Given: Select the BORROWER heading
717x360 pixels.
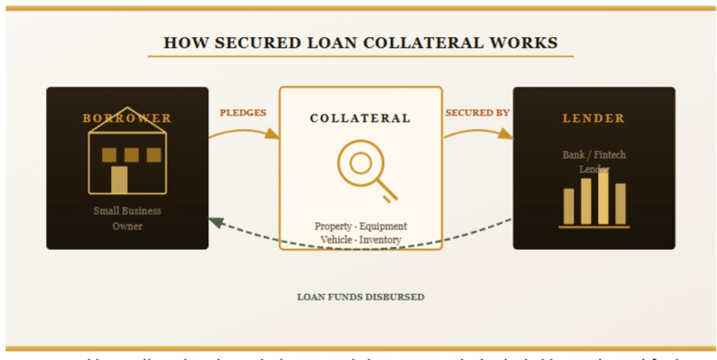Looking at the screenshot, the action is [x=127, y=118].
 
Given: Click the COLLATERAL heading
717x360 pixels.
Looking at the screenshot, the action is [x=360, y=118].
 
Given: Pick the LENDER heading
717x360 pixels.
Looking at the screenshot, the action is [x=593, y=118].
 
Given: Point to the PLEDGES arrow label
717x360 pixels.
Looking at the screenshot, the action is [x=244, y=113].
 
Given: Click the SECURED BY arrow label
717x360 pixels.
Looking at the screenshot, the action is [x=477, y=113].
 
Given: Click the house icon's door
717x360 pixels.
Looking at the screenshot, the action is [x=119, y=180].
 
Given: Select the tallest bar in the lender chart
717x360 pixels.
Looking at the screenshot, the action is [x=602, y=197].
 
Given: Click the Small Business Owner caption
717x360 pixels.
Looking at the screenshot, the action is [x=127, y=218].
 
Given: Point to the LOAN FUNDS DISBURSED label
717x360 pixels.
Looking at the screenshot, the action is [x=360, y=297].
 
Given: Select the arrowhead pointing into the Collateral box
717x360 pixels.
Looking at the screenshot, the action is [x=273, y=135].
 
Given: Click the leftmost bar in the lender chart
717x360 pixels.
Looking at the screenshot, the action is [x=568, y=206].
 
